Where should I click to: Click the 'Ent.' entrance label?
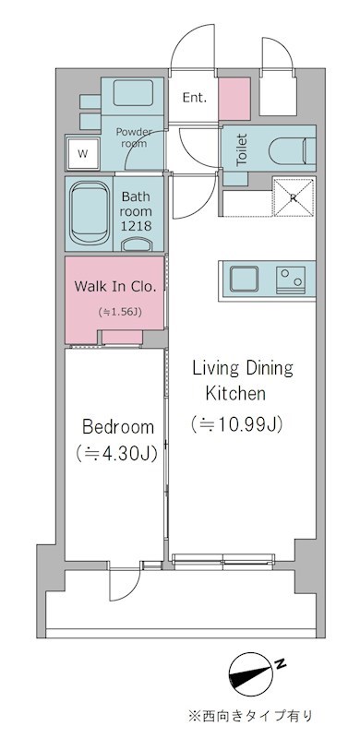coord(194,98)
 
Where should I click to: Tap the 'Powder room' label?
coord(135,137)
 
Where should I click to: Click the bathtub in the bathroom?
coord(90,212)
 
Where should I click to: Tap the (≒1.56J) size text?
coord(117,312)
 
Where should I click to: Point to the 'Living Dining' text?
coord(242,369)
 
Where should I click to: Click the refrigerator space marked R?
coord(293,196)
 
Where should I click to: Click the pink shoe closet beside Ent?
coord(234,97)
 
